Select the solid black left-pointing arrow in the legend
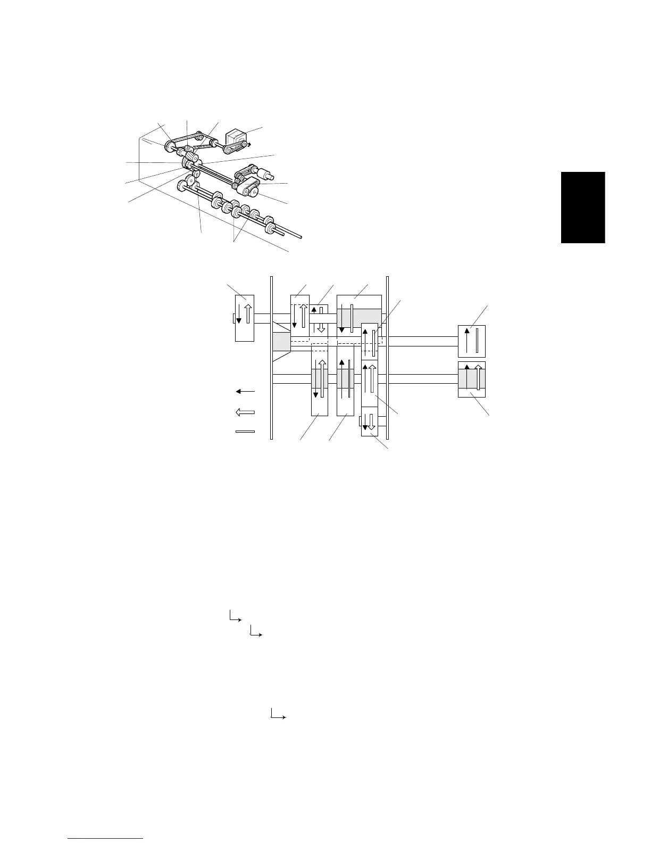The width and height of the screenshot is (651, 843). pyautogui.click(x=245, y=391)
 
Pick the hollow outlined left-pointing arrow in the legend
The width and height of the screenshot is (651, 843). pyautogui.click(x=245, y=411)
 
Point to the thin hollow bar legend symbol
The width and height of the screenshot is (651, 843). pyautogui.click(x=245, y=432)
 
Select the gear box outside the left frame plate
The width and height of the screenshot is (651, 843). pyautogui.click(x=245, y=318)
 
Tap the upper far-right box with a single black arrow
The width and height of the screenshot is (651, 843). pyautogui.click(x=472, y=341)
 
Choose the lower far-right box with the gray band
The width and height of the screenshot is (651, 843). pyautogui.click(x=472, y=379)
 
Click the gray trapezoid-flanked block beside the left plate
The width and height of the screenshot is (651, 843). pyautogui.click(x=281, y=342)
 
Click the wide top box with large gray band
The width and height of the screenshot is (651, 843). pyautogui.click(x=360, y=314)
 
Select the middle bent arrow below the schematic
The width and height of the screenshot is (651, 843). pyautogui.click(x=256, y=632)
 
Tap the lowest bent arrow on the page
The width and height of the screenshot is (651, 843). pyautogui.click(x=278, y=714)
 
